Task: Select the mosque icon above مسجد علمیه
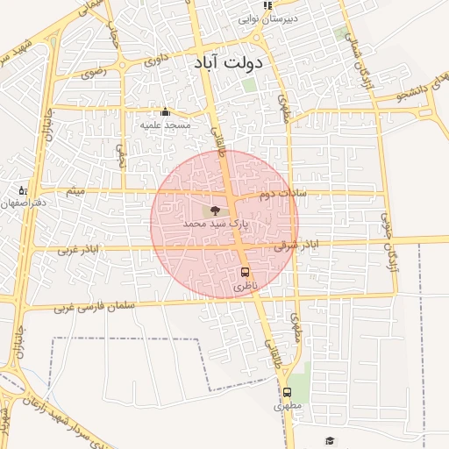click(165, 112)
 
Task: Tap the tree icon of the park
click(216, 210)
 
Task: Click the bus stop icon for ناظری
click(245, 272)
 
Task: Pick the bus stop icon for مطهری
click(287, 392)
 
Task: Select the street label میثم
click(77, 190)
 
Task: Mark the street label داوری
click(154, 61)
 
